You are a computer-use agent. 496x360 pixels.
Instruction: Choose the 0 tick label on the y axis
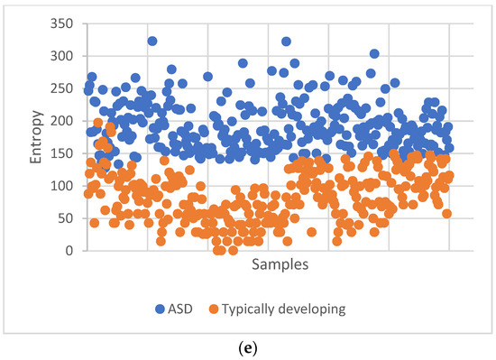tap(70, 251)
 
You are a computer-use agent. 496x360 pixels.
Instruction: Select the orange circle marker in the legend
tap(233, 310)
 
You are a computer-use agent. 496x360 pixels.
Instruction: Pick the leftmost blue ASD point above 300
tap(152, 42)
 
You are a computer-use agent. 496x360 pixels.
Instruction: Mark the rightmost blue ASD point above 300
tap(374, 54)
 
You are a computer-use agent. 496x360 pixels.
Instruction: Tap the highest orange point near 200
tap(97, 123)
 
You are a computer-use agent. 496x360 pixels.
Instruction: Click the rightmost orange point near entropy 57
tap(446, 214)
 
